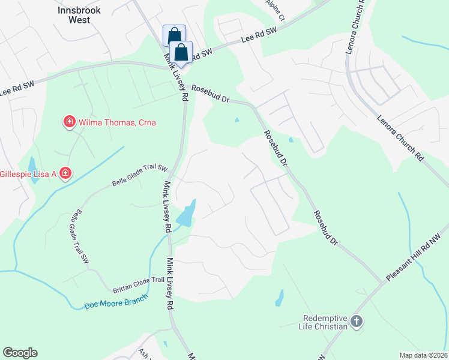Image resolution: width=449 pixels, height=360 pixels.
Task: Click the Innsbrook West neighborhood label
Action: coord(75,15)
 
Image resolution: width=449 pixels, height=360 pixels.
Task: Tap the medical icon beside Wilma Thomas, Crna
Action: coord(70,122)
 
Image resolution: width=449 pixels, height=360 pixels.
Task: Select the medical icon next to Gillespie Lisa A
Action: coord(65,174)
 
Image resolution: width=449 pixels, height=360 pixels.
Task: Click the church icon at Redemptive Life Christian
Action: coord(357,322)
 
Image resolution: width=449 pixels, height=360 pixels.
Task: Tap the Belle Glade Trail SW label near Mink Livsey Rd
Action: coord(139,176)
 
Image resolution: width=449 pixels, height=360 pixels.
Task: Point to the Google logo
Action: coord(20,353)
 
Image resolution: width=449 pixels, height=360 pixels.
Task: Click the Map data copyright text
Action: coord(423,355)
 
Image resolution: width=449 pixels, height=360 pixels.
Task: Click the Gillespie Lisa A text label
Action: coord(27,174)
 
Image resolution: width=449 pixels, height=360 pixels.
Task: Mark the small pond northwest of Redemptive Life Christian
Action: coord(279,296)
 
